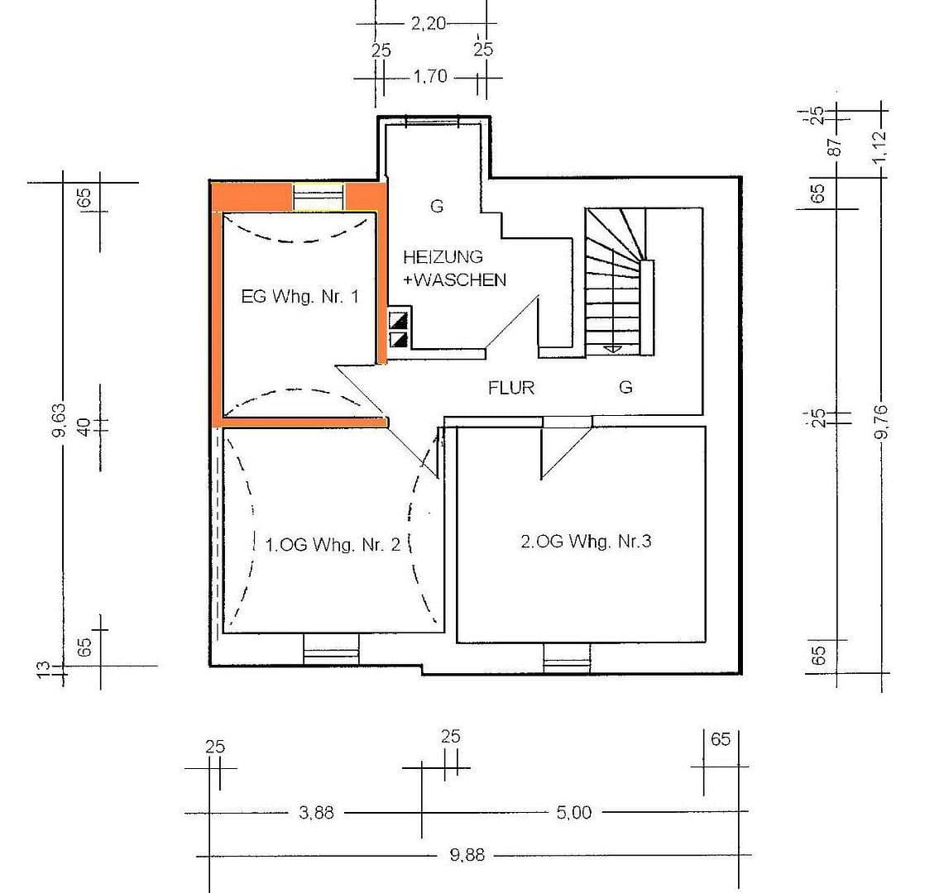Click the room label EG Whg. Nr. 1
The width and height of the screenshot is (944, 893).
[x=299, y=297]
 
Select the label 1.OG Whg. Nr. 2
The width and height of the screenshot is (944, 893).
[x=333, y=545]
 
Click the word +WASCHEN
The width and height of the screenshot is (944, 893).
[x=454, y=280]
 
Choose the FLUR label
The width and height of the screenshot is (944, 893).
[x=511, y=387]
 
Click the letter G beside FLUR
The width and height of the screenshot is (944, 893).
[x=625, y=387]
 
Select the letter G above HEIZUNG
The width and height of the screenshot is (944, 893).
[x=436, y=207]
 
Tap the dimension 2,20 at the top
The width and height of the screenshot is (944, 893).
[x=428, y=24]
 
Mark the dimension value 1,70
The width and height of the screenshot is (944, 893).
[x=429, y=77]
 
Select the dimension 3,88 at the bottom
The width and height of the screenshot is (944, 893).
[x=316, y=813]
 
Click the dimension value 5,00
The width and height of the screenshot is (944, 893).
[x=574, y=813]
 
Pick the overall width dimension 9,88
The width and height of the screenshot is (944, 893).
[x=467, y=856]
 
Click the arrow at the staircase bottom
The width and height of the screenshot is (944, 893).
[x=611, y=348]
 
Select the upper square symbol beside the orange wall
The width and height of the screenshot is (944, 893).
[x=399, y=320]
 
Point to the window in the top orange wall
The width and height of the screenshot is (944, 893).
[x=319, y=198]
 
